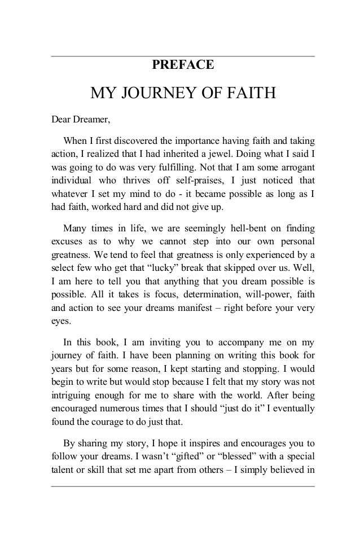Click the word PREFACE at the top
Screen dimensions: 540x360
(183, 65)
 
